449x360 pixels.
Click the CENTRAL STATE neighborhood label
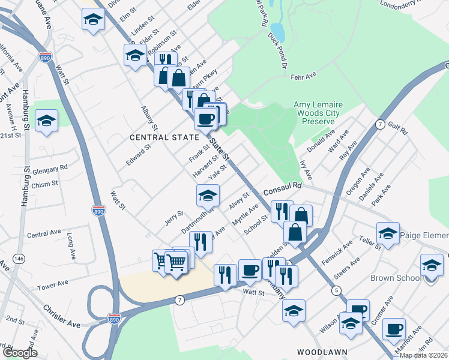(164, 137)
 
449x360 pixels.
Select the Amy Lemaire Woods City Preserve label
(317, 113)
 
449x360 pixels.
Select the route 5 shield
(336, 290)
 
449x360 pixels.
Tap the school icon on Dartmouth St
(208, 195)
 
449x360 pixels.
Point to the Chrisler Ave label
(61, 316)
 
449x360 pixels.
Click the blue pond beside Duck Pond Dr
(277, 30)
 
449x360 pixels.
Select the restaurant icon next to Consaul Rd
(280, 211)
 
